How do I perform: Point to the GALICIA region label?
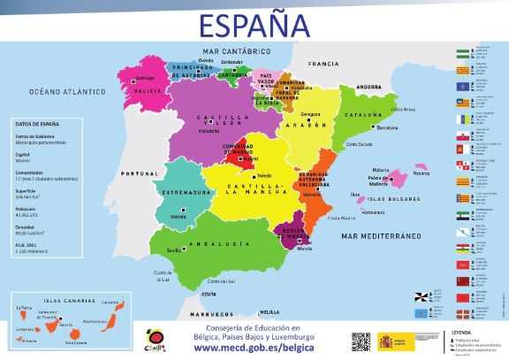(147, 91)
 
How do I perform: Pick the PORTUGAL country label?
(137, 172)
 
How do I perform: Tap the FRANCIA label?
(323, 65)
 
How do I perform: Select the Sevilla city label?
(173, 251)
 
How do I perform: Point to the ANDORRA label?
(368, 87)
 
